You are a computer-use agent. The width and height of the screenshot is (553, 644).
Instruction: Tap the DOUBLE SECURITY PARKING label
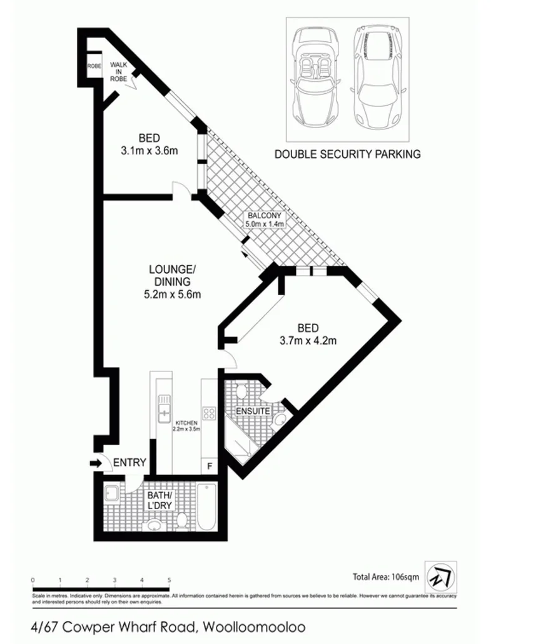point(347,154)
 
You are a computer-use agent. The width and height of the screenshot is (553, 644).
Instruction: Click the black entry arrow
point(95,463)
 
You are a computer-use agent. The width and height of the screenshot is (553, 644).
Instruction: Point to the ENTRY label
point(130,463)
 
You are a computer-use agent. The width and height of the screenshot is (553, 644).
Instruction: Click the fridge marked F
point(209,466)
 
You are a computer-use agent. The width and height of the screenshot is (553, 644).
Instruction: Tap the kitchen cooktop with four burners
point(209,413)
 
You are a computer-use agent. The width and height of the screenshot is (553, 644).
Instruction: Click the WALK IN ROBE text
point(119,72)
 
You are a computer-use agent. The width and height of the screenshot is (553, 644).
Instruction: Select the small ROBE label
point(94,66)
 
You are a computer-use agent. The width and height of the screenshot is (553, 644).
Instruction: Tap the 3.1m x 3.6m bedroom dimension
point(149,151)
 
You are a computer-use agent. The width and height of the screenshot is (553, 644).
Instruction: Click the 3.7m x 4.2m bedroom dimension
point(308,341)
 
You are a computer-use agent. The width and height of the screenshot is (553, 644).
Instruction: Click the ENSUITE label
point(253,411)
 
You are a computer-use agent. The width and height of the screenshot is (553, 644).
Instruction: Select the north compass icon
point(441,575)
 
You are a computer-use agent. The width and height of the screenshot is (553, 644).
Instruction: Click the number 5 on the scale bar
point(170,580)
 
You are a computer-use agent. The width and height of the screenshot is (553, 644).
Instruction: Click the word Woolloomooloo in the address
point(251,626)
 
